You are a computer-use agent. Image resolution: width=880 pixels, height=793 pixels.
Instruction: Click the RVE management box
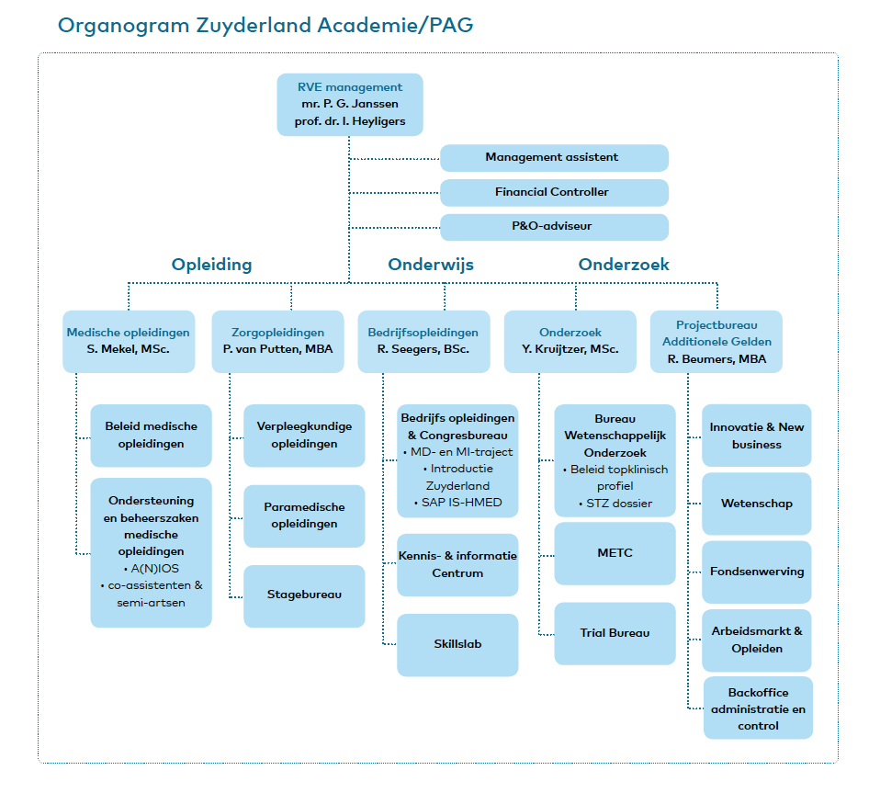click(350, 105)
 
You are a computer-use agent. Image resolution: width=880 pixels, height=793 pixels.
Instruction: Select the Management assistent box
click(554, 158)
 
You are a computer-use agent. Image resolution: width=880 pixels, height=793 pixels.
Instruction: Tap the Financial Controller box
click(554, 192)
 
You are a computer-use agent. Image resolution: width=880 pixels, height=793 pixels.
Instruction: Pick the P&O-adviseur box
click(554, 227)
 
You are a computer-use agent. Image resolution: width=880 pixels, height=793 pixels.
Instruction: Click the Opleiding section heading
click(211, 265)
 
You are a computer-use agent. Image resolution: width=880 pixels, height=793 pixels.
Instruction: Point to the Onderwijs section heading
click(431, 265)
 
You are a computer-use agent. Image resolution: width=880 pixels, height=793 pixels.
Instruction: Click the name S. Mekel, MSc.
click(128, 349)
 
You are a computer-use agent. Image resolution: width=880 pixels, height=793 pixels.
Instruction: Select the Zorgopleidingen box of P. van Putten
click(277, 341)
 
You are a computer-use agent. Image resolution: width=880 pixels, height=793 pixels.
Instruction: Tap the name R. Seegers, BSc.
click(423, 349)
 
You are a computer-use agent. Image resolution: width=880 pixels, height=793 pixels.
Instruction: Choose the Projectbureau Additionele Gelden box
click(716, 341)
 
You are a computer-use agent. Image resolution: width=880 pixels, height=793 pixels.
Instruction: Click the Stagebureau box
click(304, 596)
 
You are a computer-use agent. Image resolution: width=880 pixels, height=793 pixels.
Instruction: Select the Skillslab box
click(457, 645)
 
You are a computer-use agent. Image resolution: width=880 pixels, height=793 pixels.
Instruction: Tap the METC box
click(615, 553)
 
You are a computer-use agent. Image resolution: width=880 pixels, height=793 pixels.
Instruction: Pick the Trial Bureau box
click(615, 633)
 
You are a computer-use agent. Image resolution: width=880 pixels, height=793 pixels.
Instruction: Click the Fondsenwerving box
click(757, 572)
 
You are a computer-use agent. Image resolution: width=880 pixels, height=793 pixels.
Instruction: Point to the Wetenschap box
click(757, 504)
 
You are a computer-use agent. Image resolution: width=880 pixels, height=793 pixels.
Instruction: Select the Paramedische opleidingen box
click(304, 515)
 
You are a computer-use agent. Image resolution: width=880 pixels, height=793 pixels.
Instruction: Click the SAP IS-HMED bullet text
click(458, 503)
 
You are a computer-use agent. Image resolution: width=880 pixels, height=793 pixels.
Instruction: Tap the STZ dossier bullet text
click(615, 504)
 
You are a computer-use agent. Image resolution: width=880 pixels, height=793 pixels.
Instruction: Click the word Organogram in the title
click(124, 26)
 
